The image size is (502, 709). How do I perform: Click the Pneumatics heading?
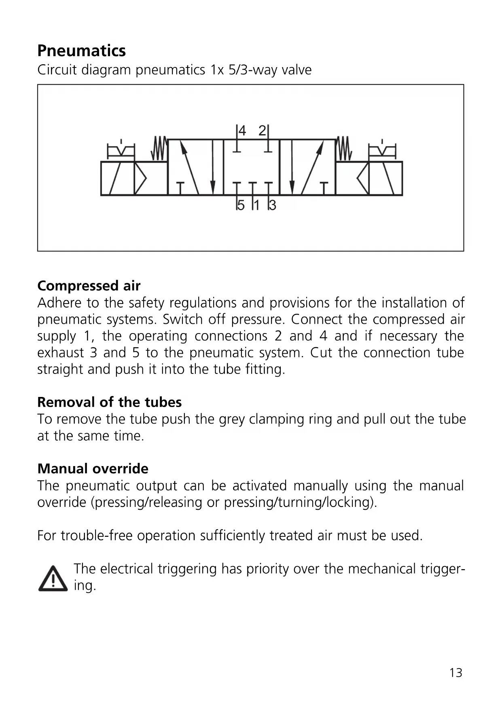point(81,51)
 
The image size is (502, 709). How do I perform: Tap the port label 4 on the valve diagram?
point(242,131)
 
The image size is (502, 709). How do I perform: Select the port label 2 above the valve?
point(262,131)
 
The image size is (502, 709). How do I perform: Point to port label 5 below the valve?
point(241,205)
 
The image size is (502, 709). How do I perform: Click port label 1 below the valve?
point(256,205)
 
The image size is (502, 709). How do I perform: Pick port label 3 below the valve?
point(273,205)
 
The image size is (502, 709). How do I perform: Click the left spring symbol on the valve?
point(159,148)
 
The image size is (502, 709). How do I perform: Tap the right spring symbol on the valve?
point(344,148)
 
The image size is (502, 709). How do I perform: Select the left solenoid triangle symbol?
point(140,178)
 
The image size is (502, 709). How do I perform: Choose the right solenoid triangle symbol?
point(363,178)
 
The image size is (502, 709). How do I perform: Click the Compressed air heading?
point(89,286)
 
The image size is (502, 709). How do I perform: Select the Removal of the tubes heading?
point(109,402)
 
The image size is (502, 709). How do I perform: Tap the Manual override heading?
point(93,469)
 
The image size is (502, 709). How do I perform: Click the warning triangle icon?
point(53,578)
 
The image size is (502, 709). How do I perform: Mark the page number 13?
point(455,673)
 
